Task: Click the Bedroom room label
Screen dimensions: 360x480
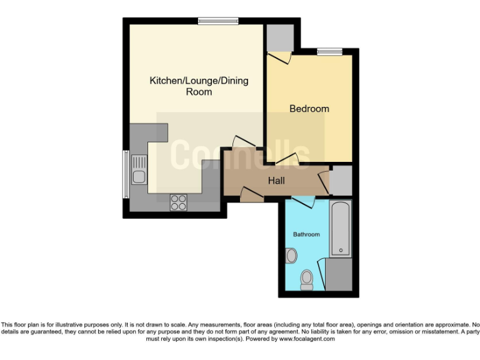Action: click(309, 109)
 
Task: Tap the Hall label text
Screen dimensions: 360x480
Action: click(276, 181)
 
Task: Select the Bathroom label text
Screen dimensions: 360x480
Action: click(307, 234)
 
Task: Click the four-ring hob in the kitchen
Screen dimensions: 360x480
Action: click(179, 202)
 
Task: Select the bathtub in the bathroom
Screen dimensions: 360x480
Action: click(341, 229)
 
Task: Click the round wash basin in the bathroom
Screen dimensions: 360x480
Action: click(291, 256)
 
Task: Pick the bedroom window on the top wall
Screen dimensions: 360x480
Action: click(329, 51)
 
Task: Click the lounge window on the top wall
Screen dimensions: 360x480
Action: click(218, 20)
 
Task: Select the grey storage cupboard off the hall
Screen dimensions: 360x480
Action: click(341, 181)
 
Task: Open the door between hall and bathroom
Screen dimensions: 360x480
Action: click(302, 202)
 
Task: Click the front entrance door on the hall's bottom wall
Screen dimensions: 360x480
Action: click(251, 196)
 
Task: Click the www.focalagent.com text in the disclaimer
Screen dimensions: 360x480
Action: click(307, 339)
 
